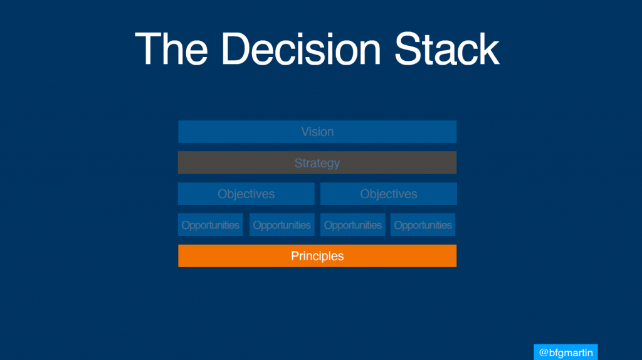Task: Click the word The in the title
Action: [x=171, y=49]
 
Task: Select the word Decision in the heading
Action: [x=301, y=49]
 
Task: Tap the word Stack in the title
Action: [x=446, y=49]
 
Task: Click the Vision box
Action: [x=317, y=132]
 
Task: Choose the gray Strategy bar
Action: [x=317, y=162]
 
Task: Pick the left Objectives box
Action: [x=246, y=194]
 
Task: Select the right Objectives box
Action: [x=389, y=194]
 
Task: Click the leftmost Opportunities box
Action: [x=211, y=225]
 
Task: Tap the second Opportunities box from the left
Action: [x=282, y=225]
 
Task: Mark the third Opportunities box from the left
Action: [x=352, y=225]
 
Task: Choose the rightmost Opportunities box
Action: [x=423, y=225]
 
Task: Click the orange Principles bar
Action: [x=317, y=256]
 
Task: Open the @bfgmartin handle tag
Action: [x=566, y=352]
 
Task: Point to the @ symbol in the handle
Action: [x=544, y=352]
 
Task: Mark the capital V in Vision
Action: [x=305, y=132]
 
